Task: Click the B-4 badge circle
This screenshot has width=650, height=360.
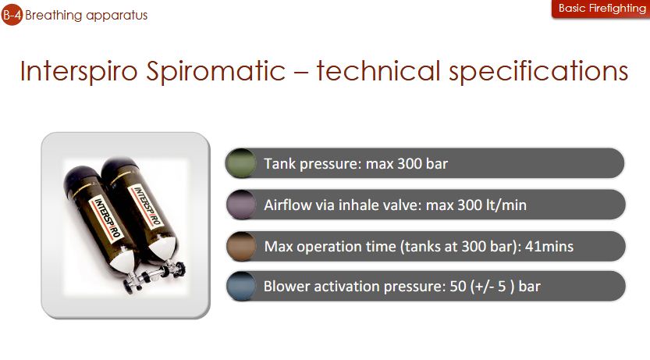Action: coord(12,15)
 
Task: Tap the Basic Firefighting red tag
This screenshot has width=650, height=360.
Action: coord(601,9)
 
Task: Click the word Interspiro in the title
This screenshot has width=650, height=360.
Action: coord(79,70)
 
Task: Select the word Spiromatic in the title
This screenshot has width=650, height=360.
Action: coord(215,71)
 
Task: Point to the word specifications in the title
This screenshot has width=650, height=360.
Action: coord(538,71)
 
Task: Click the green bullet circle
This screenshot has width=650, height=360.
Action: coord(240,163)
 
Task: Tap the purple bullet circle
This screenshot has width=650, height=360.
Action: coord(241,205)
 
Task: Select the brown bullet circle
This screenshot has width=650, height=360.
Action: coord(241,246)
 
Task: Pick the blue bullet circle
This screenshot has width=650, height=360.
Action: coord(241,286)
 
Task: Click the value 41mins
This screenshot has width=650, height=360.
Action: coord(549,246)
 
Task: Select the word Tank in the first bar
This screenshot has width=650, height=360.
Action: coord(280,163)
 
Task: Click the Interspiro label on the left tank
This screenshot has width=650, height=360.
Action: coord(106,217)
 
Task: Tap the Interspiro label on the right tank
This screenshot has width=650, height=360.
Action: coord(146,205)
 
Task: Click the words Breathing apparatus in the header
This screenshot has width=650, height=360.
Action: coord(86,16)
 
